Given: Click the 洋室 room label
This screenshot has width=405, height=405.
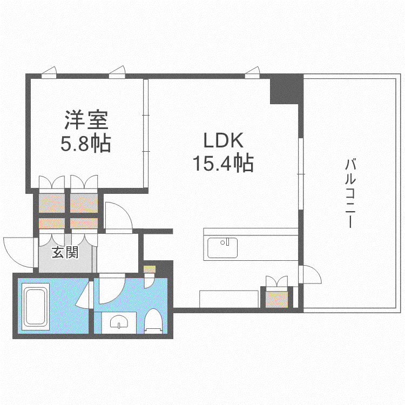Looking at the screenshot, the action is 86,120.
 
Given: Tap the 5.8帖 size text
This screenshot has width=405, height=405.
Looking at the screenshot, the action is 86,143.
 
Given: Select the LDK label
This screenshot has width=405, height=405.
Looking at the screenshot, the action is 224,140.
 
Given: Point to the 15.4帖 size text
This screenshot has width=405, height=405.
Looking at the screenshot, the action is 223,163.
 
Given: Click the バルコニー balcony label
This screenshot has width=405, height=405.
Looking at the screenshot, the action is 350,194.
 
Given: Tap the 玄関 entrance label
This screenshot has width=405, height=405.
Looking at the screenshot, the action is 65,252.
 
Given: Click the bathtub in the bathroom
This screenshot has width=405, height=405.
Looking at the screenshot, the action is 36,307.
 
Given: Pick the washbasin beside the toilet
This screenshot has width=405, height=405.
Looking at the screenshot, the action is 119,322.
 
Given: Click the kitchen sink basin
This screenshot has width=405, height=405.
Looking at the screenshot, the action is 222,248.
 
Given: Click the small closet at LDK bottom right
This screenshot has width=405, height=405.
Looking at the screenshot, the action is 276,298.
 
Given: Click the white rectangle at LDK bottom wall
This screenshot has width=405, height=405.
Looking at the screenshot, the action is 229,299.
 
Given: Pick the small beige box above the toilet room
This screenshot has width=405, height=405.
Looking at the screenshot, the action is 150,269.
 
